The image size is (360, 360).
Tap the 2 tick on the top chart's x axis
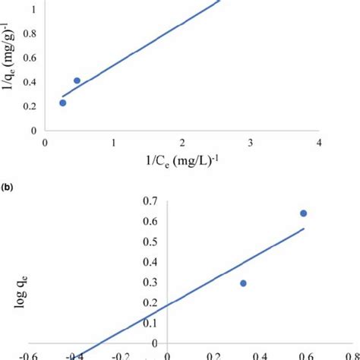[182, 143]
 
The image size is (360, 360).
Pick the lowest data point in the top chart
[63, 103]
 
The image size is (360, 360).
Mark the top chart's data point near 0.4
[77, 81]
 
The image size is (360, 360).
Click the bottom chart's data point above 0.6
[304, 213]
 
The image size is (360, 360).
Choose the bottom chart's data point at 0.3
[244, 283]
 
